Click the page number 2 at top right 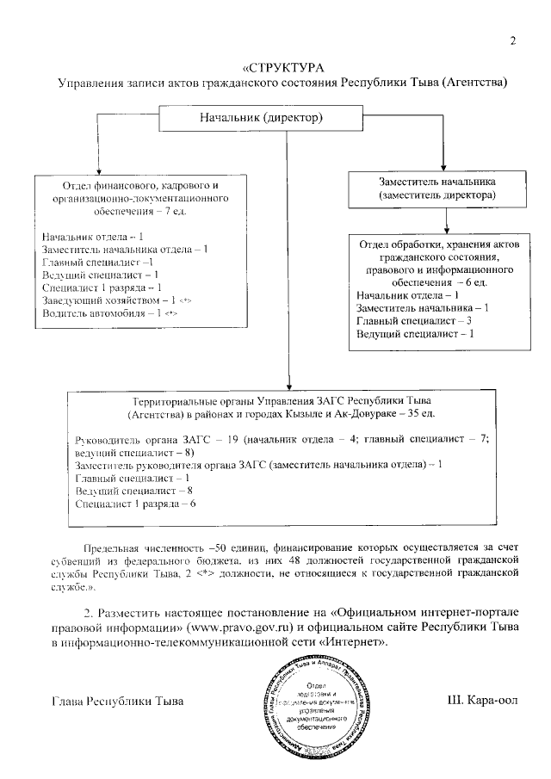(x=513, y=40)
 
